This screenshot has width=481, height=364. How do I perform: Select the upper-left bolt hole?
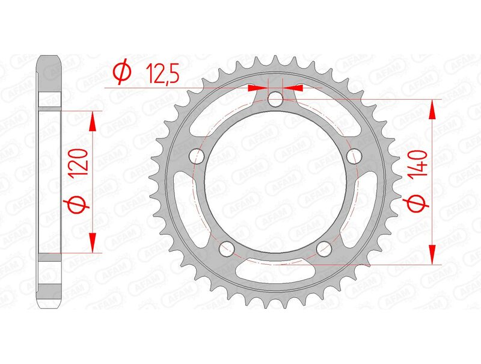197,156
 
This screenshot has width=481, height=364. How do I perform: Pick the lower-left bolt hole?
227,248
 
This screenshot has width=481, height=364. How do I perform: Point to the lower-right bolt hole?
323,248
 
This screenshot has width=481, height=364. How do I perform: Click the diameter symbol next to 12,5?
121,73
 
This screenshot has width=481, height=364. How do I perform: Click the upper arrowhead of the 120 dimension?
92,120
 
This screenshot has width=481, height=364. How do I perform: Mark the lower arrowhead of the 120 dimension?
92,242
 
